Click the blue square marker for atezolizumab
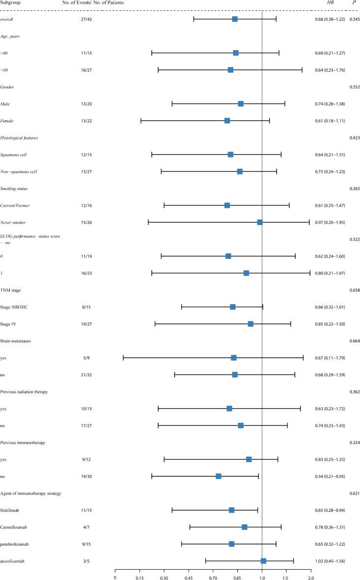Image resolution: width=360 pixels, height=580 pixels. (263, 561)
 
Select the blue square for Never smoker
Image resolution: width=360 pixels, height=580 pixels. (260, 222)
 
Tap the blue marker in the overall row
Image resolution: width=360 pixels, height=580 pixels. (235, 19)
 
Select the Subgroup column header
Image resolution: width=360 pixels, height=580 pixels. (10, 3)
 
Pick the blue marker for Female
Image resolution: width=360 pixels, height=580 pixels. (227, 120)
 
